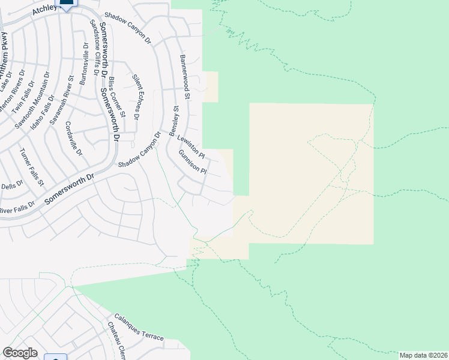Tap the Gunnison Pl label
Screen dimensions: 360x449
(192, 162)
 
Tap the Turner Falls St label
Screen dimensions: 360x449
(31, 166)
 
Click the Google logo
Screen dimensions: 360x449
(20, 353)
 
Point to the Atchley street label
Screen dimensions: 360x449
(44, 8)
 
